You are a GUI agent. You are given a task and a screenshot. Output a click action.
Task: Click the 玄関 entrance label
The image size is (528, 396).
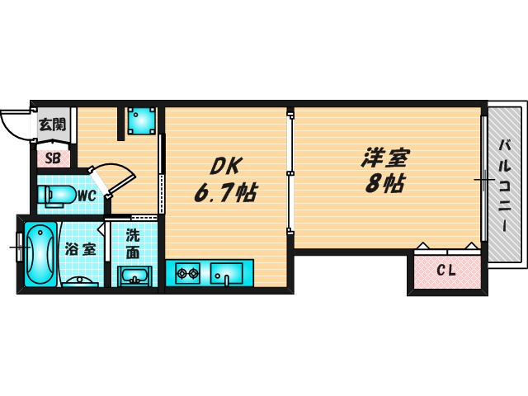pyautogui.click(x=52, y=126)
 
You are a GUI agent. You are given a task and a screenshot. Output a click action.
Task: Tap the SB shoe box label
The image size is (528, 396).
pyautogui.click(x=52, y=158)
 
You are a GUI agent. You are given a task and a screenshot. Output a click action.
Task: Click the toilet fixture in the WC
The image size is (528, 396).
pyautogui.click(x=54, y=196)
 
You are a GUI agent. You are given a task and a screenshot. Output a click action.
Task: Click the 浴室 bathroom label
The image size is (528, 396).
pyautogui.click(x=80, y=248)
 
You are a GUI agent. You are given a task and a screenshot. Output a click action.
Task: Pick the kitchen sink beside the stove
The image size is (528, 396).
pyautogui.click(x=226, y=271)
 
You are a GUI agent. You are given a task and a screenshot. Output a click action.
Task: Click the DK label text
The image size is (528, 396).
pyautogui.click(x=224, y=166)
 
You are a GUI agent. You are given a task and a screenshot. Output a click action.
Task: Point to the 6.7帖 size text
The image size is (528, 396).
pyautogui.click(x=224, y=194)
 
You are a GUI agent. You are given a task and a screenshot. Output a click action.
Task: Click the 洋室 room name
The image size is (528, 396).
pyautogui.click(x=385, y=156)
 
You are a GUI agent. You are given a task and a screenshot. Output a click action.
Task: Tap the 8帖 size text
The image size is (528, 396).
pyautogui.click(x=385, y=184)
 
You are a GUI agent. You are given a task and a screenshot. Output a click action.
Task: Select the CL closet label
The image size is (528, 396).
pyautogui.click(x=446, y=270)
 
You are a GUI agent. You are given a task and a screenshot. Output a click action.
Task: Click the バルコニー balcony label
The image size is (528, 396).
pyautogui.click(x=503, y=185)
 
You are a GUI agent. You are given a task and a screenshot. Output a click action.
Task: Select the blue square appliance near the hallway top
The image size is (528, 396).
pyautogui.click(x=143, y=120)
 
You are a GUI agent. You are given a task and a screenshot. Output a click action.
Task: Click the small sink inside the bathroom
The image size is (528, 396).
pyautogui.click(x=80, y=282)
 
